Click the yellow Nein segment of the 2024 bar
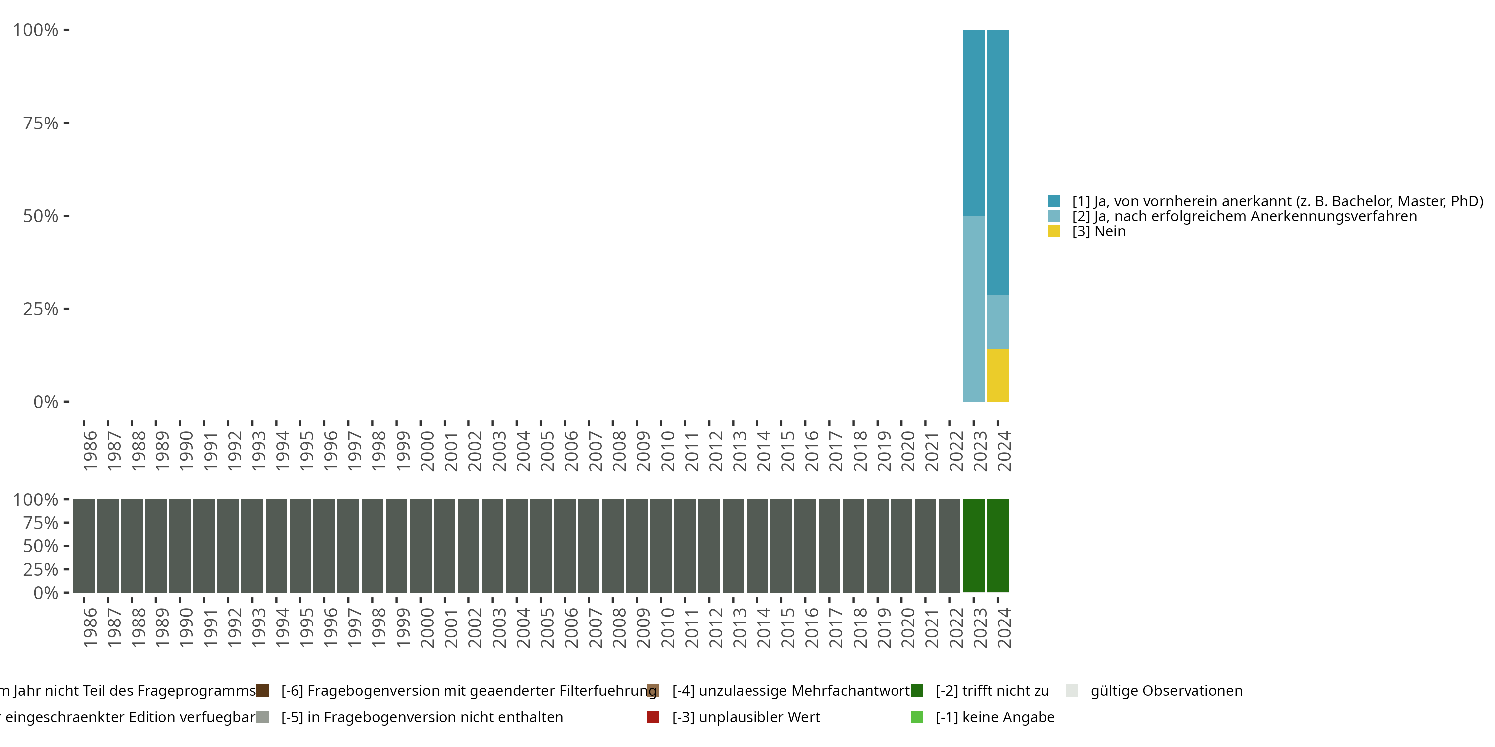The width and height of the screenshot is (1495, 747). (997, 375)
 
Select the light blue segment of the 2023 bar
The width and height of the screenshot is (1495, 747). (973, 309)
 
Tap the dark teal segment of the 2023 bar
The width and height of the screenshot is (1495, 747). (973, 123)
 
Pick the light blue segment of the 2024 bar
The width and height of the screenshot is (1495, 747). (997, 322)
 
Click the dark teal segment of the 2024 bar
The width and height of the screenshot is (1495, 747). (997, 162)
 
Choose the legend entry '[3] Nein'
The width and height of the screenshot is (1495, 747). (1099, 232)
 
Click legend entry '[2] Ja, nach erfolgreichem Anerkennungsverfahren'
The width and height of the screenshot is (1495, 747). (1244, 216)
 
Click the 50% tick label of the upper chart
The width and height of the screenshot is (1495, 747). (41, 216)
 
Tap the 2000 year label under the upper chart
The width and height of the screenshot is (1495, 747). (427, 451)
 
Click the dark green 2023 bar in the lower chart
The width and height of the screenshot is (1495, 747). (973, 546)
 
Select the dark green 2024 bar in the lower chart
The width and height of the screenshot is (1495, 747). (997, 546)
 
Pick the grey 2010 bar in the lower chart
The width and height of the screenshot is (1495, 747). (660, 546)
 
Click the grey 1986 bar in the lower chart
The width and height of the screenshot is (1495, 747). (84, 546)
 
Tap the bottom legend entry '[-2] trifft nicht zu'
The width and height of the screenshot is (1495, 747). (992, 691)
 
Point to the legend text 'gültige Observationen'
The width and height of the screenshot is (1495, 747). (1167, 691)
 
